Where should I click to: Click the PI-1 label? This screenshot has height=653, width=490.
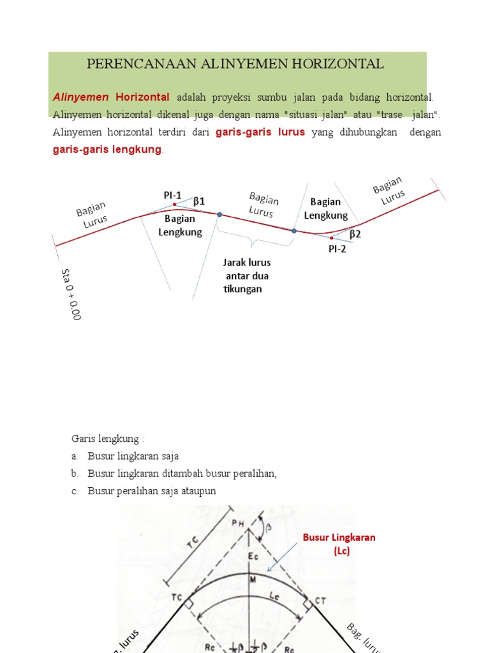click(x=172, y=195)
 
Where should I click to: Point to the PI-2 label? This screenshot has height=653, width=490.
click(x=338, y=249)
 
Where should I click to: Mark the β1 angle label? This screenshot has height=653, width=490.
click(x=199, y=202)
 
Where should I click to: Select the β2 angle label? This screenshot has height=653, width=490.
click(x=355, y=234)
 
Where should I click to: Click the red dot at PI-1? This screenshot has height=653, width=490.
click(x=175, y=205)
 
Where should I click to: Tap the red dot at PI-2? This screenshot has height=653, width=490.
click(x=331, y=238)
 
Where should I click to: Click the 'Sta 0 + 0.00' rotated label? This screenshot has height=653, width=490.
click(x=70, y=294)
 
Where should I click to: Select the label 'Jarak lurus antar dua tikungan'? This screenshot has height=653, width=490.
click(x=246, y=275)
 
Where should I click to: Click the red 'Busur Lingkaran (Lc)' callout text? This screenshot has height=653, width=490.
click(x=339, y=544)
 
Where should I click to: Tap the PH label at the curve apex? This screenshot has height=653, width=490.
click(x=237, y=523)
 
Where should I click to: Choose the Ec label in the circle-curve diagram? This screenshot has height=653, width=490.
click(x=253, y=557)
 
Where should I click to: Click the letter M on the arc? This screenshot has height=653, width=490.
click(x=253, y=579)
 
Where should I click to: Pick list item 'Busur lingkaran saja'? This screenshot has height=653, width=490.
click(x=133, y=456)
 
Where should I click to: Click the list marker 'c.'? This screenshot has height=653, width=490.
click(x=75, y=491)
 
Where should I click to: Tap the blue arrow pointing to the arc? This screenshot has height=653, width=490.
click(x=283, y=559)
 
